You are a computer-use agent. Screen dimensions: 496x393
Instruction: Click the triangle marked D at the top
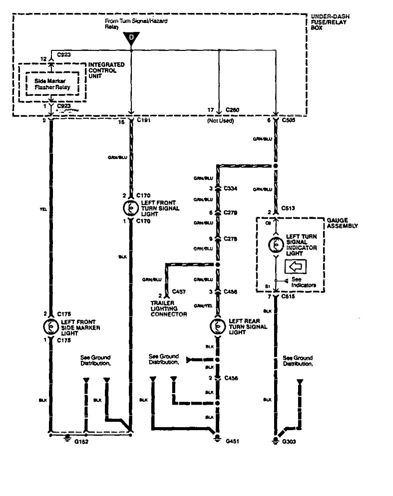point(131,37)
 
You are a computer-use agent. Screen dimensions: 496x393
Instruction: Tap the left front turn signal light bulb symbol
point(131,207)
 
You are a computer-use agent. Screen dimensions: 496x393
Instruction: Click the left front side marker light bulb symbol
point(50,326)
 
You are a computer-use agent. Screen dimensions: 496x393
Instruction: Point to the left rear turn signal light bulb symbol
point(217,326)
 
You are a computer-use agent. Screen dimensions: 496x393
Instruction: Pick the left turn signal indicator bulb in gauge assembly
point(275,245)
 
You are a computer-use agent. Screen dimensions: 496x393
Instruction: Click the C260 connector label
point(233,108)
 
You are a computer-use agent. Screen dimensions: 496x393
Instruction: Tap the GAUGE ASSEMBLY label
point(343,223)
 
